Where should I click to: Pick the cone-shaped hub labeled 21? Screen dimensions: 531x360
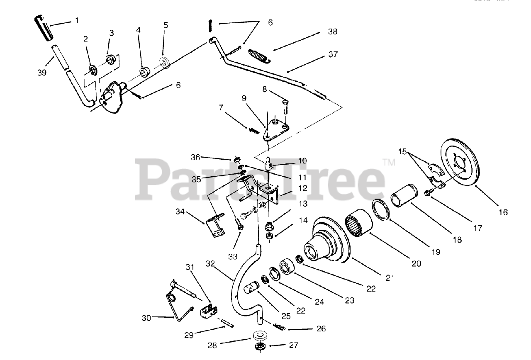[328, 243]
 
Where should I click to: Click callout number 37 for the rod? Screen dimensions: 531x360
[333, 54]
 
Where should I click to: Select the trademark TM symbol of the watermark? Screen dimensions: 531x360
[389, 162]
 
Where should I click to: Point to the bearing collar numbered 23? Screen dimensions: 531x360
[286, 266]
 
